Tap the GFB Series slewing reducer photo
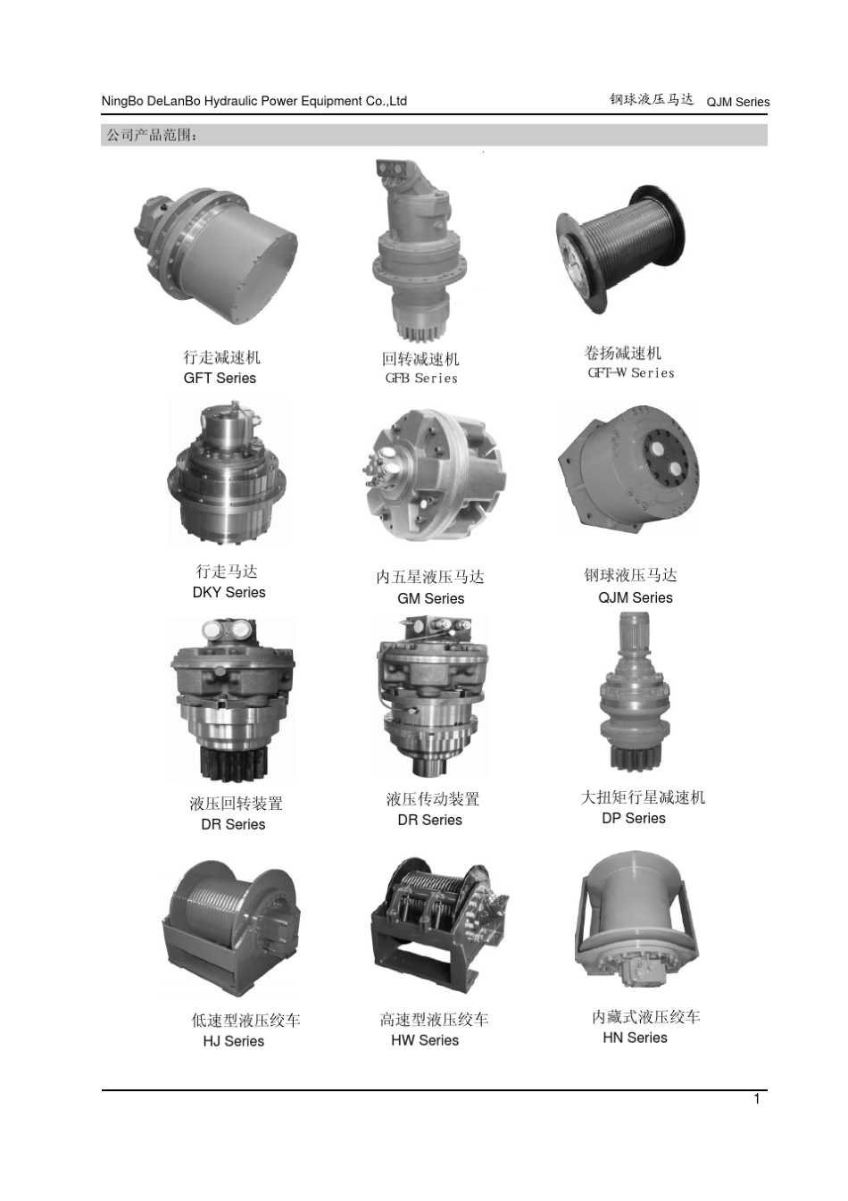click(x=420, y=250)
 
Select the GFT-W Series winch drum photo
click(x=620, y=249)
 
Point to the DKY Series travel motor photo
click(x=227, y=472)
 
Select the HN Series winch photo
click(x=637, y=923)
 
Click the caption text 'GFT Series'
click(x=220, y=379)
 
